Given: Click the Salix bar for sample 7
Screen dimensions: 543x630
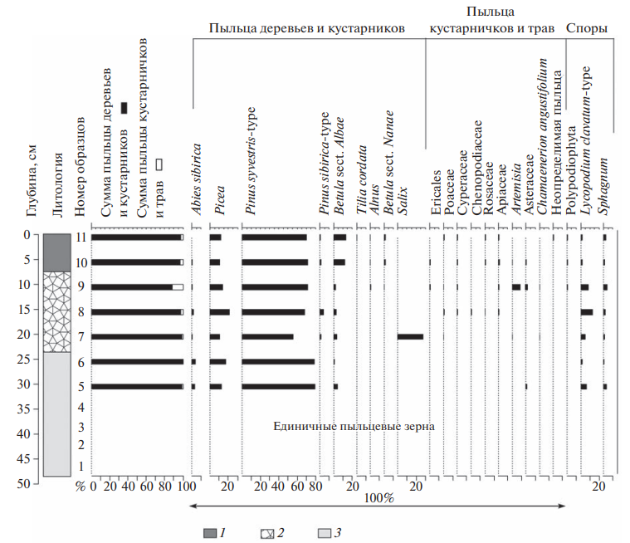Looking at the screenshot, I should (410, 336).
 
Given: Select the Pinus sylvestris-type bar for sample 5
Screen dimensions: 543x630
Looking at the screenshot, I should (279, 386).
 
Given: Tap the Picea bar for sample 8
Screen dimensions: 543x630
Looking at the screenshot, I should (220, 312).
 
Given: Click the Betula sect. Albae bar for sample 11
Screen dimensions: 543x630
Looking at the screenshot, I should (339, 237).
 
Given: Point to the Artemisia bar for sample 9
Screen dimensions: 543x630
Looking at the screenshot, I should (516, 287).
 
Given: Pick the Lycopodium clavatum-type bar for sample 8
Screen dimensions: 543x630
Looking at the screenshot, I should (587, 312).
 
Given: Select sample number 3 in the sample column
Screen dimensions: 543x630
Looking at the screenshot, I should (81, 426).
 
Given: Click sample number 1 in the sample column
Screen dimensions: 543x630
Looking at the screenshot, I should (81, 466).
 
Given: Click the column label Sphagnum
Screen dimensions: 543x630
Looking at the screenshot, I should (604, 192).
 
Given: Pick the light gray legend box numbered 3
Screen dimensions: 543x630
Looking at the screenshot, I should (325, 532).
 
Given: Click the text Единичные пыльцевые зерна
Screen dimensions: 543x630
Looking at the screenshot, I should (354, 426).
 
